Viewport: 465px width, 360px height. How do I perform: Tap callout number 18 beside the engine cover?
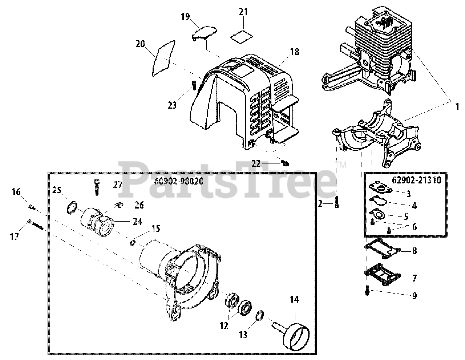tap(294, 52)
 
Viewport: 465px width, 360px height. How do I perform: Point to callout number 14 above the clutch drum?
tap(294, 300)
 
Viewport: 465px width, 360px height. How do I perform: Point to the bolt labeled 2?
tap(337, 202)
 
